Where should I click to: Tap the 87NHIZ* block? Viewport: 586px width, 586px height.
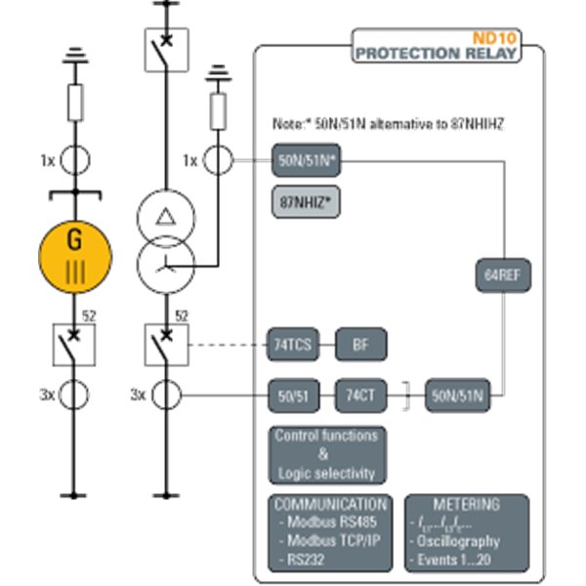(305, 202)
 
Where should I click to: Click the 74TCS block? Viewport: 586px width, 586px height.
(294, 344)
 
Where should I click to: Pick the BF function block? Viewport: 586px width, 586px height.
(361, 344)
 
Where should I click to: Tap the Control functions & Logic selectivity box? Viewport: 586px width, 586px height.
(325, 453)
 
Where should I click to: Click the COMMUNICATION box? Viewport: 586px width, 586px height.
(330, 533)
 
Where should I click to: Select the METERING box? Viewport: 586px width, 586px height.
(467, 533)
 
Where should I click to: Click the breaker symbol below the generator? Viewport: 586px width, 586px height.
(75, 345)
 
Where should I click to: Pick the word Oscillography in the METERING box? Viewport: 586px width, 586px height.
(460, 540)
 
